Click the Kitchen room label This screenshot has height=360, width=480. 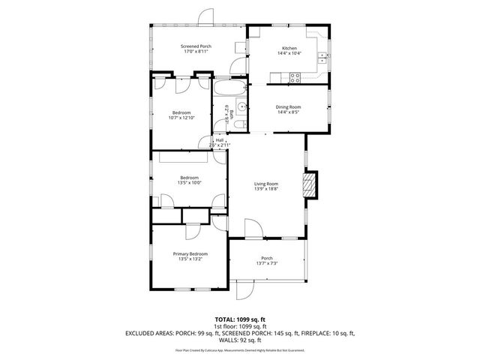[289, 47]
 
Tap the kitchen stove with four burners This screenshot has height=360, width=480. [295, 76]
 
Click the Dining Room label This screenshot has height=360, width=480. [289, 106]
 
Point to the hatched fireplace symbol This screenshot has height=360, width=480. [310, 185]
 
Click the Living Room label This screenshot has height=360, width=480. [265, 184]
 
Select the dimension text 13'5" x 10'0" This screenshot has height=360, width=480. [189, 182]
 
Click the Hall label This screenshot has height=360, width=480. [220, 139]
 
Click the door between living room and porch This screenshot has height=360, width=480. [252, 229]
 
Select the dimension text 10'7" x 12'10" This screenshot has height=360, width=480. [181, 118]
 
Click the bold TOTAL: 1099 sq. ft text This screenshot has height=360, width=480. [240, 319]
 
